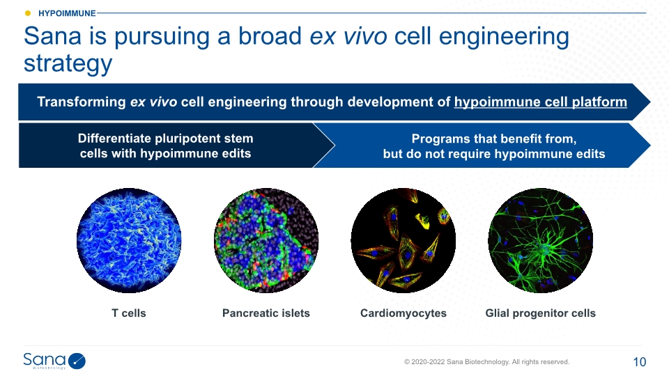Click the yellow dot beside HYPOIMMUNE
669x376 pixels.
(28, 13)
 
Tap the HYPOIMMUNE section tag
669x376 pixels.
(67, 13)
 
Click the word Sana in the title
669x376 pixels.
(52, 36)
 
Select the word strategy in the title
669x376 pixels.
(68, 63)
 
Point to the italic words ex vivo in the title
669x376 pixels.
(348, 36)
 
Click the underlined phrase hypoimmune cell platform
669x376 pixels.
(541, 102)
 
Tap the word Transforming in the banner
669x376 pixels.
(81, 102)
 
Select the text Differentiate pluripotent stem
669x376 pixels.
(166, 138)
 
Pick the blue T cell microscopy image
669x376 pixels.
(129, 240)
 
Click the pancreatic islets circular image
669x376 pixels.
(266, 240)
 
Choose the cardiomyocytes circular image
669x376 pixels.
(403, 240)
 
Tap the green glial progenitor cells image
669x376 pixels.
(541, 240)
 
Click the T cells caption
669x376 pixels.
(129, 313)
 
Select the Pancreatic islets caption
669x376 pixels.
(266, 313)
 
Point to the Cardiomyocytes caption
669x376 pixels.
(403, 313)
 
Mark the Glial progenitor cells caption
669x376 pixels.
(541, 313)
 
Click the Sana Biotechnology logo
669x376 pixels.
(54, 361)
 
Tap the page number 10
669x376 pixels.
(640, 362)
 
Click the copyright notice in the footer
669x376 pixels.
(487, 362)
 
